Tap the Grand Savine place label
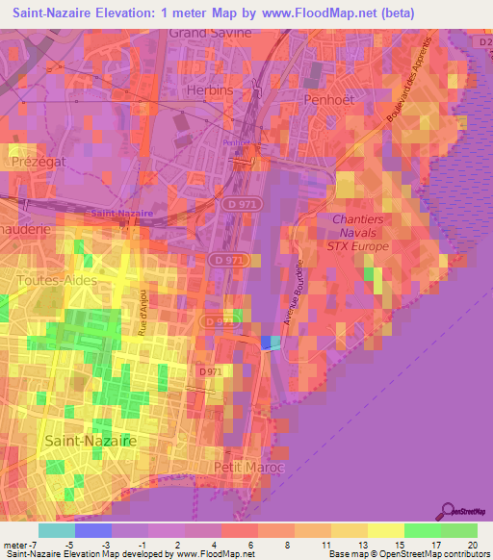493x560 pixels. tap(210, 33)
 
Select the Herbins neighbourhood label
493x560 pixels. tap(208, 89)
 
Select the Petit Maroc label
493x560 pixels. tap(236, 467)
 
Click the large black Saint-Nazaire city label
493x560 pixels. tap(90, 440)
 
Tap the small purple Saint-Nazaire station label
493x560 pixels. tap(112, 212)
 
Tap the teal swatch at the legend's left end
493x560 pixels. tap(56, 530)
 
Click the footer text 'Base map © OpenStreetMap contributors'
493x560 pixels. tap(406, 554)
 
